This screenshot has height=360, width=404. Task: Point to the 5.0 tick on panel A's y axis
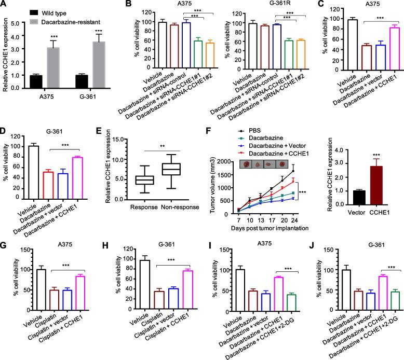pyautogui.click(x=19, y=22)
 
